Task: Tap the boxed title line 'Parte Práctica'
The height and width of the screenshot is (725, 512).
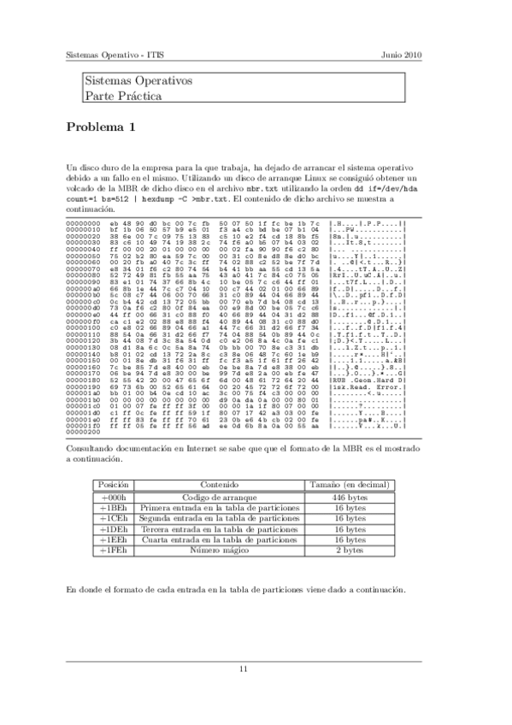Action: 123,96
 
